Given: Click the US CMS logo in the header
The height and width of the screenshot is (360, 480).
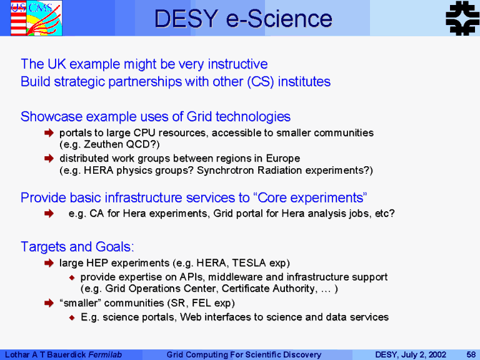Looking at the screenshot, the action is (36, 17).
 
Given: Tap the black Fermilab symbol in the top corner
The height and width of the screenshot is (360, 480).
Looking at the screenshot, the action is (462, 17).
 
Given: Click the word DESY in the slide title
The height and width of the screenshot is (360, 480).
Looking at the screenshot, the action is (186, 19).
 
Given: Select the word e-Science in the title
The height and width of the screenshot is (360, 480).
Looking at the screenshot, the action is (279, 19).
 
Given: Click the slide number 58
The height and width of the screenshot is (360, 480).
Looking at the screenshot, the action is (471, 354).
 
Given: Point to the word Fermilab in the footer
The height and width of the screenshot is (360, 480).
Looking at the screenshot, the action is (105, 354).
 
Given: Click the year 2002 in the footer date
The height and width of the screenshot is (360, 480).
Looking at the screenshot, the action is (437, 354).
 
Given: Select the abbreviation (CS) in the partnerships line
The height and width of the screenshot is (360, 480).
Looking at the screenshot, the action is (261, 82).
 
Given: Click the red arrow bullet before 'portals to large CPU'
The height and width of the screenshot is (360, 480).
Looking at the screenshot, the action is (49, 132).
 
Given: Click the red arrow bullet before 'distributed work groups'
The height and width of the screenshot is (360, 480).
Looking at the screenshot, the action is (49, 158).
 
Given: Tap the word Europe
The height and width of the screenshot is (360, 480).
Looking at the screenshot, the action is (283, 159).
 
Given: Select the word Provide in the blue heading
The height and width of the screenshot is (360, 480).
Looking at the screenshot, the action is (44, 197).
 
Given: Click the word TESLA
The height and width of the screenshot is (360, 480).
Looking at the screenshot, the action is (249, 263).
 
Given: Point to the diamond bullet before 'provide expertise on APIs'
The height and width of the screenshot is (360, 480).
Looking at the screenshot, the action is (72, 277).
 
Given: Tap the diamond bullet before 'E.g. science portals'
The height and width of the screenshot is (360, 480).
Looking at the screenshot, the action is (72, 317).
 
